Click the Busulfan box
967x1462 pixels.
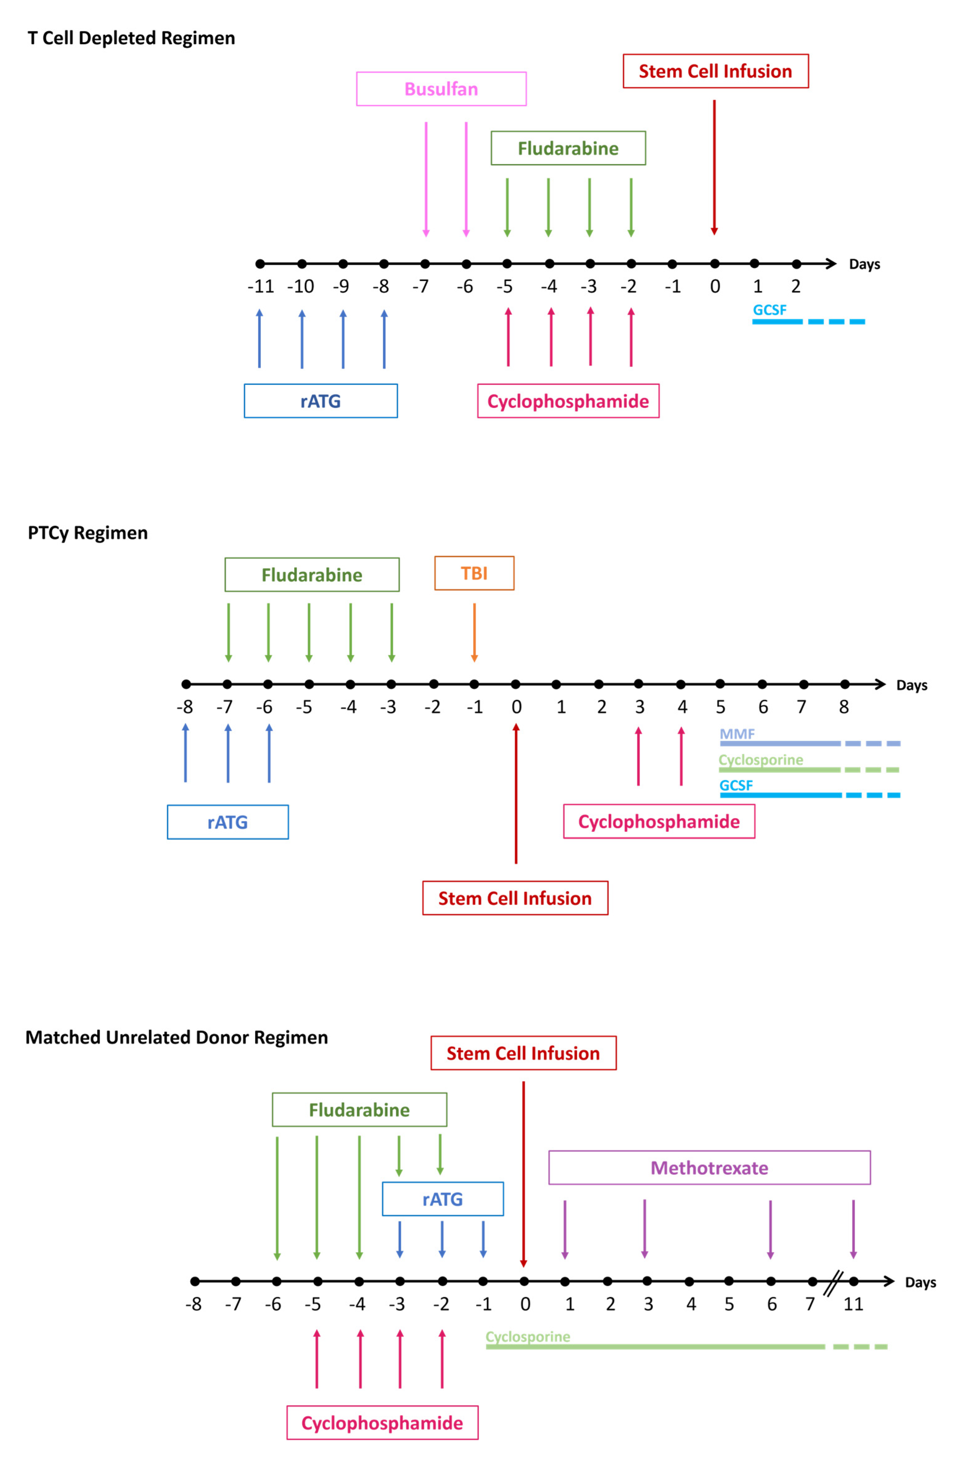pos(441,89)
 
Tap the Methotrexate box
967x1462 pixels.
pos(709,1168)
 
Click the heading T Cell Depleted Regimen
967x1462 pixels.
pos(131,38)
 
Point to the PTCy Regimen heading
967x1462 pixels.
pos(88,533)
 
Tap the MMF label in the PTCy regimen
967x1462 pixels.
pos(737,734)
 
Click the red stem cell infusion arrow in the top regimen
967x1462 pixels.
pos(714,167)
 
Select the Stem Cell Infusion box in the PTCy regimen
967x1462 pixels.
pos(515,898)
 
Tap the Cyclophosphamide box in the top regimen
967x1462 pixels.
pos(568,401)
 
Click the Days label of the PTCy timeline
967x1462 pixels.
pos(911,685)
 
